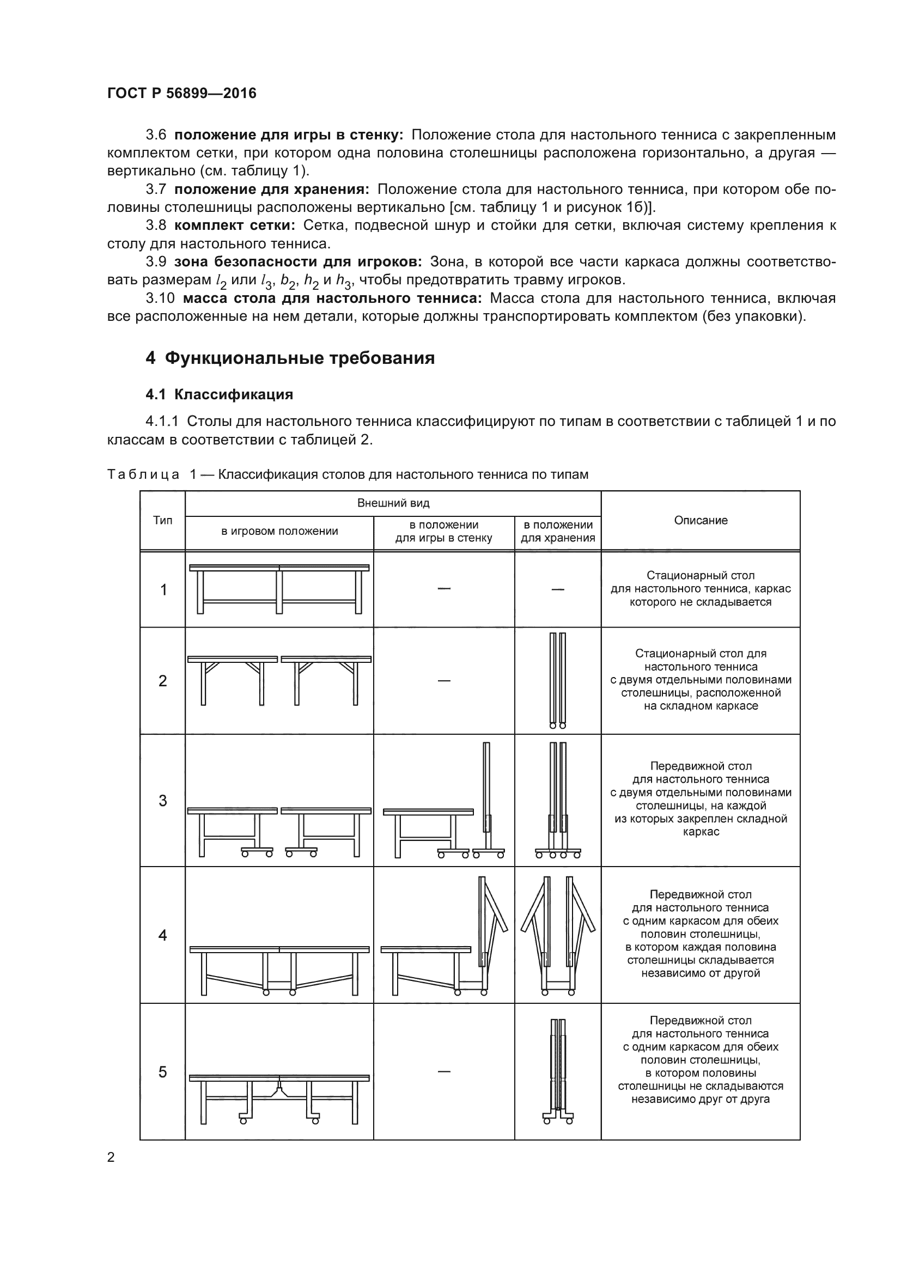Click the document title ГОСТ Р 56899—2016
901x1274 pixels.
coord(181,93)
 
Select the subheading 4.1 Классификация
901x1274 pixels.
coord(219,394)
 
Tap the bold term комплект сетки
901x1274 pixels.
coord(234,225)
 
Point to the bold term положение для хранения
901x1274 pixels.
coord(271,189)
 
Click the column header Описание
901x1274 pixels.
coord(700,520)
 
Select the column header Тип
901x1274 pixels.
coord(162,520)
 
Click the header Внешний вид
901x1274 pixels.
coord(393,503)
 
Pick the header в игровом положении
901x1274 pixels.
coord(279,531)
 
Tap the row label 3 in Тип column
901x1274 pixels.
coord(162,800)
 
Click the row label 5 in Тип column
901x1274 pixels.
coord(162,1071)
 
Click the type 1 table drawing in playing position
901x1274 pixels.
coord(279,589)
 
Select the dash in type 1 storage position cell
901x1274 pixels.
coord(558,589)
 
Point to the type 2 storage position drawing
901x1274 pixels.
coord(558,680)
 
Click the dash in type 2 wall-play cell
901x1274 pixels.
coord(444,680)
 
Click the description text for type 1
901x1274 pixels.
coord(700,589)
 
